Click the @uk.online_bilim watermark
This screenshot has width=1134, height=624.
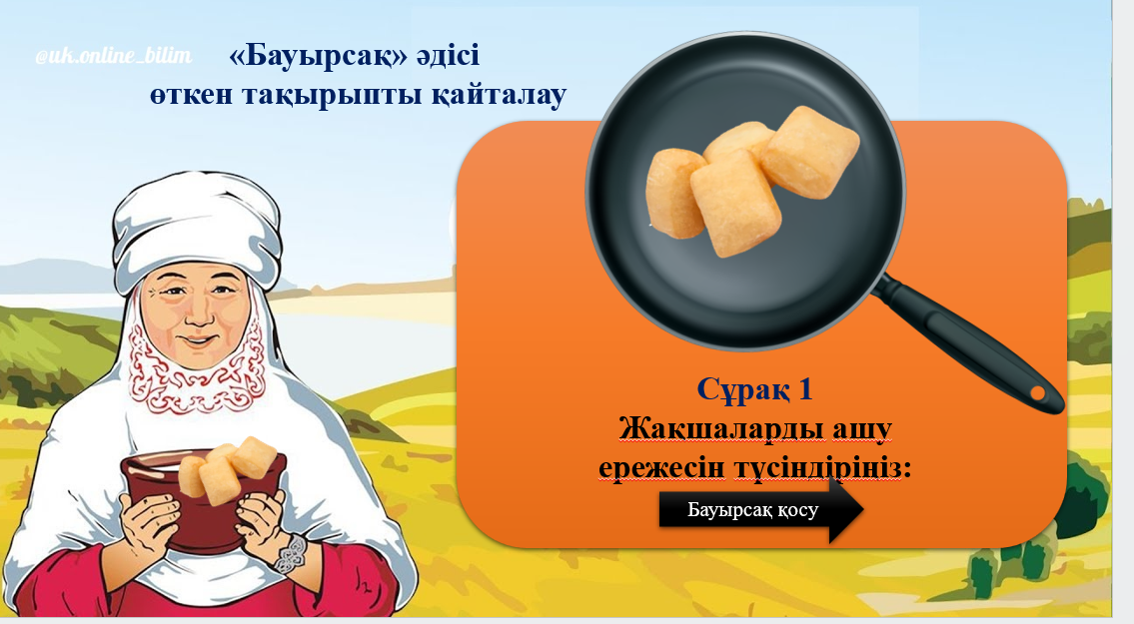pos(114,56)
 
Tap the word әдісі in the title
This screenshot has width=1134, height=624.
pos(448,56)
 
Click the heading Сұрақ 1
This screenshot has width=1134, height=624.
pos(754,389)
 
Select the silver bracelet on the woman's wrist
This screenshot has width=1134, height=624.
pos(290,554)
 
